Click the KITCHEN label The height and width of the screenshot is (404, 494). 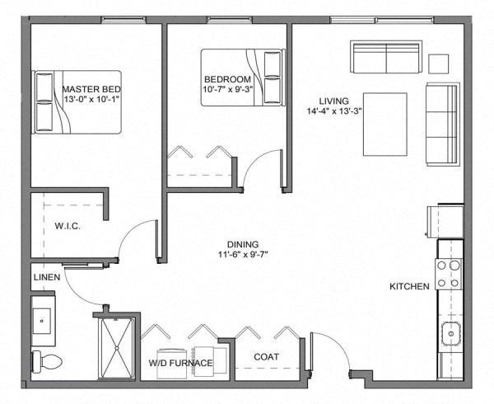pyautogui.click(x=409, y=286)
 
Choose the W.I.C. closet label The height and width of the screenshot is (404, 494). pyautogui.click(x=67, y=226)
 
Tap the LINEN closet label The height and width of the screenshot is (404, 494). pyautogui.click(x=46, y=278)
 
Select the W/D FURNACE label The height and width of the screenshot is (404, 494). pyautogui.click(x=181, y=363)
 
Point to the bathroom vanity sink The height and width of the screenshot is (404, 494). pyautogui.click(x=43, y=320)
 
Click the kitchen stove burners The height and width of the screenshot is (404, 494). pyautogui.click(x=449, y=274)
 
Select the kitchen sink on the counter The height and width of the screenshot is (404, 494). pyautogui.click(x=450, y=334)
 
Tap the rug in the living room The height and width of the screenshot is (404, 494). pyautogui.click(x=386, y=124)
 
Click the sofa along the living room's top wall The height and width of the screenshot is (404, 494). pyautogui.click(x=385, y=57)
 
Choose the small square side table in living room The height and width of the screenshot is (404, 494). pyautogui.click(x=439, y=63)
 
